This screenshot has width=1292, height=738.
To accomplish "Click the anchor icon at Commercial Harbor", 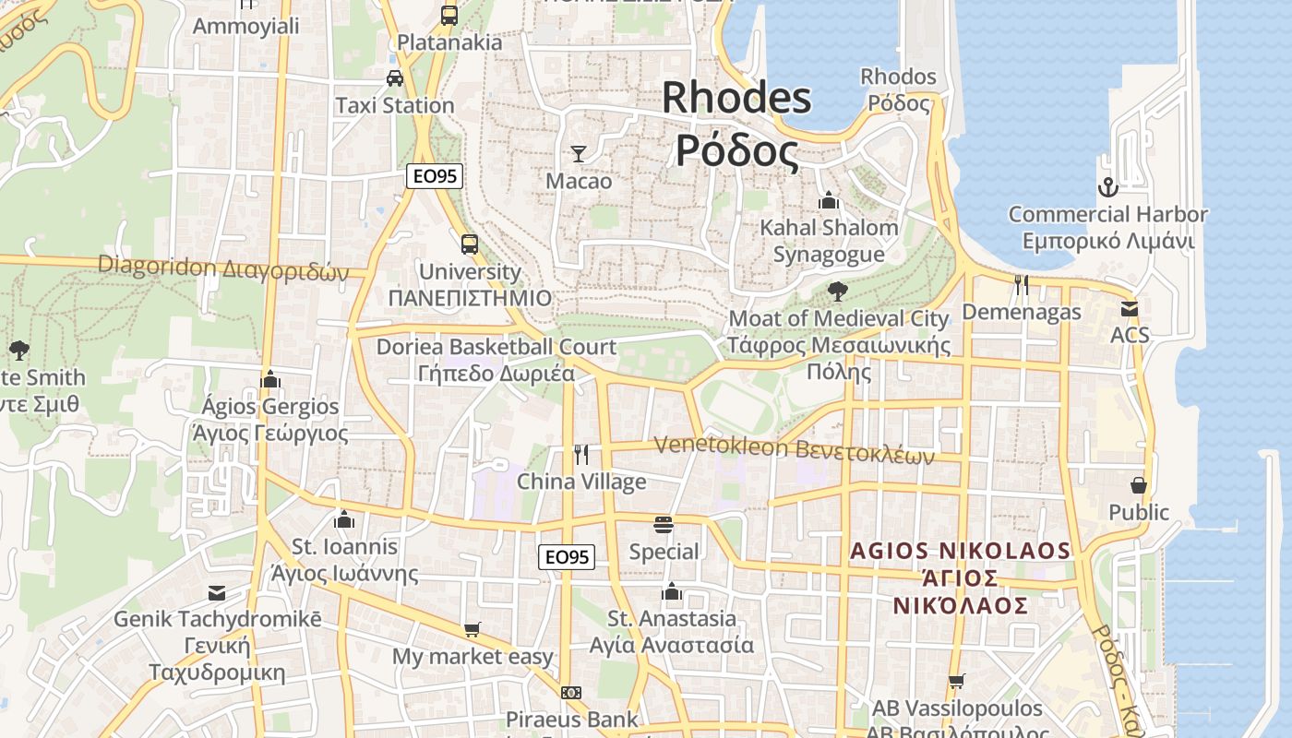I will coord(1107,188).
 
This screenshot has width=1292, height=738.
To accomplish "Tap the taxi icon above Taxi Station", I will coord(395,78).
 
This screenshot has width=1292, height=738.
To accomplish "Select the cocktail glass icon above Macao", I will coord(579,154).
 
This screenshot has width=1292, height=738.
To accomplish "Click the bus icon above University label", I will coord(470,244).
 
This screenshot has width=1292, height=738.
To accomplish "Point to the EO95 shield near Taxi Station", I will coord(435,176).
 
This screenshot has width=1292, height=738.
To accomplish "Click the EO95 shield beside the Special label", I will coord(567,556).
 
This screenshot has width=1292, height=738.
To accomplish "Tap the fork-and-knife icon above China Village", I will coord(581,454).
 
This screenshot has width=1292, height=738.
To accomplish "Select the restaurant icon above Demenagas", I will coord(1021,285).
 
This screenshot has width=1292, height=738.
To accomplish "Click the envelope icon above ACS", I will coord(1130,308).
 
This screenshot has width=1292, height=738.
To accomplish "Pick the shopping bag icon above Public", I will coord(1139,485).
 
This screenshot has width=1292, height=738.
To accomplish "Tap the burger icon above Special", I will coord(664,525).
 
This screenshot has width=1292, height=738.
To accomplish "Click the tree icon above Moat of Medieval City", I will coord(838,292).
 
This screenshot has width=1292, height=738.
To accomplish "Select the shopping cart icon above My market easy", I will coord(473,630).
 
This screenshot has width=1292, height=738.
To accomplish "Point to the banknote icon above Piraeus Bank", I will coord(571,693).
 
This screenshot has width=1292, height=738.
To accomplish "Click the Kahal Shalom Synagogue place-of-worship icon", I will coord(829,200).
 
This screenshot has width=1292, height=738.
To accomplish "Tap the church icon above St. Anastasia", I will coord(672,591).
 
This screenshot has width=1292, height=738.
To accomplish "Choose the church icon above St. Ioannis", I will coord(344,519).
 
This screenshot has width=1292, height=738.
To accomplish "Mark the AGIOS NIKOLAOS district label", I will coord(961,551).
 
